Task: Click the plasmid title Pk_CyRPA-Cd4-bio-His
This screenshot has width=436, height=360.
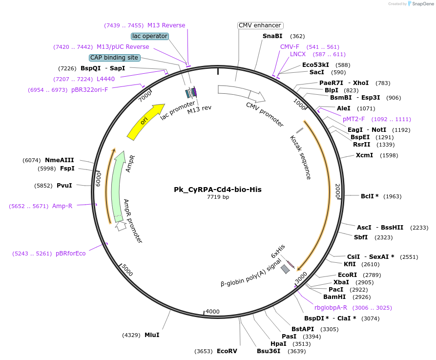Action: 218,189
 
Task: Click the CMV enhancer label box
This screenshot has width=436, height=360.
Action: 260,25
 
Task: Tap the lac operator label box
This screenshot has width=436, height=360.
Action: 150,36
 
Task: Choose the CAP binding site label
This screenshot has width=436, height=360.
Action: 115,58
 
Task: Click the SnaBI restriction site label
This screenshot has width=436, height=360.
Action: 272,36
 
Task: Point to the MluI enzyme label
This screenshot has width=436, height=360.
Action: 152,335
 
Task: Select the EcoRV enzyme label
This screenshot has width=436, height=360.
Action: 227,351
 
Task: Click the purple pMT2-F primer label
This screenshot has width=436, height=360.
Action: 353,119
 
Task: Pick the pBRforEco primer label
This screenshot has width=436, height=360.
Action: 70,254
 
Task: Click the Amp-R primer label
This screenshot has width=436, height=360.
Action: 62,206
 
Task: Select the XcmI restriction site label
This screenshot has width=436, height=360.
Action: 364,155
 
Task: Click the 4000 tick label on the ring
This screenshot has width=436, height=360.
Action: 212,311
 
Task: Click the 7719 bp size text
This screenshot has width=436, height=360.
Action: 218,197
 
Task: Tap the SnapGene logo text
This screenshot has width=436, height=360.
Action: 422,4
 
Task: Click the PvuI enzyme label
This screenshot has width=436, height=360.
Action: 64,186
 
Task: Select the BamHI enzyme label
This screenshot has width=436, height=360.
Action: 334,296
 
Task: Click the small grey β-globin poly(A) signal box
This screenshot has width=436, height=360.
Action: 285,269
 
